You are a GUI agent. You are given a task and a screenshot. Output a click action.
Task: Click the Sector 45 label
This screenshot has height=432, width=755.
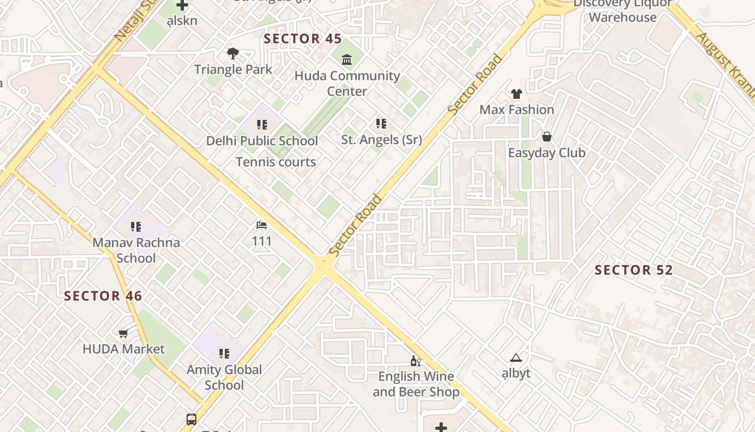pyautogui.click(x=303, y=39)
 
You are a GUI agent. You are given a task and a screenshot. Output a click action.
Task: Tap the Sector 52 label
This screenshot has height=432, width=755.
pyautogui.click(x=634, y=270)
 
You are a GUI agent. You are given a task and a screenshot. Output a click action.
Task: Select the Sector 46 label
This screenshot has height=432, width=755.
pyautogui.click(x=103, y=296)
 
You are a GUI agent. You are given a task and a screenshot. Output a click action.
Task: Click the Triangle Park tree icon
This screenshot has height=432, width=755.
pyautogui.click(x=233, y=53)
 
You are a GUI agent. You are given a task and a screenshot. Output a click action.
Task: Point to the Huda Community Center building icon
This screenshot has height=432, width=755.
pyautogui.click(x=347, y=59)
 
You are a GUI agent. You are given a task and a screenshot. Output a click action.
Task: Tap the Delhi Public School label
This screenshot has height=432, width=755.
pyautogui.click(x=262, y=141)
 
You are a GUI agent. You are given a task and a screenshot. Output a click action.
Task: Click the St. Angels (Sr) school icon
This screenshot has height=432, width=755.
pyautogui.click(x=381, y=124)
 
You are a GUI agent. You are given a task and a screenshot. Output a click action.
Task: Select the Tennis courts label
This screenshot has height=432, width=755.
pyautogui.click(x=276, y=162)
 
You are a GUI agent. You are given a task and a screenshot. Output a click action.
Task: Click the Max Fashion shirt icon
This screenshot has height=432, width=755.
pyautogui.click(x=517, y=94)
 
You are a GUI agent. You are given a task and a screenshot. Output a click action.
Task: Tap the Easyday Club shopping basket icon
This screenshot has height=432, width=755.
pyautogui.click(x=547, y=137)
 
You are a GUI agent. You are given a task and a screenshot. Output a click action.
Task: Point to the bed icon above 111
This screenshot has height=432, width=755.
pyautogui.click(x=262, y=225)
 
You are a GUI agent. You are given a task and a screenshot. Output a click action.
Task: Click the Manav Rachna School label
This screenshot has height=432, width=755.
pyautogui.click(x=136, y=250)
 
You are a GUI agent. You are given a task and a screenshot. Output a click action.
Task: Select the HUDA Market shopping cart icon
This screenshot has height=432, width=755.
pyautogui.click(x=123, y=333)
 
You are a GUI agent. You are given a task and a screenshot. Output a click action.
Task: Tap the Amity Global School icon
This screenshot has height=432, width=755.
pyautogui.click(x=224, y=354)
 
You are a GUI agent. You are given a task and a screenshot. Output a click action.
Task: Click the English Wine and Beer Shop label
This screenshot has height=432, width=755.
pyautogui.click(x=416, y=384)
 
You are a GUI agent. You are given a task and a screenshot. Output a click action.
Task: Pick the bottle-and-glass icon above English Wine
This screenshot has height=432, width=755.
pyautogui.click(x=415, y=361)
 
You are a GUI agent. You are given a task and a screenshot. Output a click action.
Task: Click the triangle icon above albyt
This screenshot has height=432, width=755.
pyautogui.click(x=516, y=357)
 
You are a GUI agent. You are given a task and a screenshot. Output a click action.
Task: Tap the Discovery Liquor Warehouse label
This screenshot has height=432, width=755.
pyautogui.click(x=622, y=10)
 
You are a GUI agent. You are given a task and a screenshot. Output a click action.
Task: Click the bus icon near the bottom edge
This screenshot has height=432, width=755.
pyautogui.click(x=191, y=419)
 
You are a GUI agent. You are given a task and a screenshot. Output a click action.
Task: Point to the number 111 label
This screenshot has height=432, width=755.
pyautogui.click(x=262, y=241)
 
